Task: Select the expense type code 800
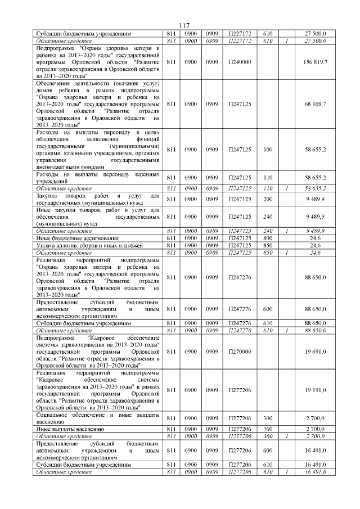(x=267, y=238)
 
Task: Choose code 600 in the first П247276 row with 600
(x=267, y=309)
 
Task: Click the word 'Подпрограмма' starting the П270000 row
(x=52, y=337)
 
